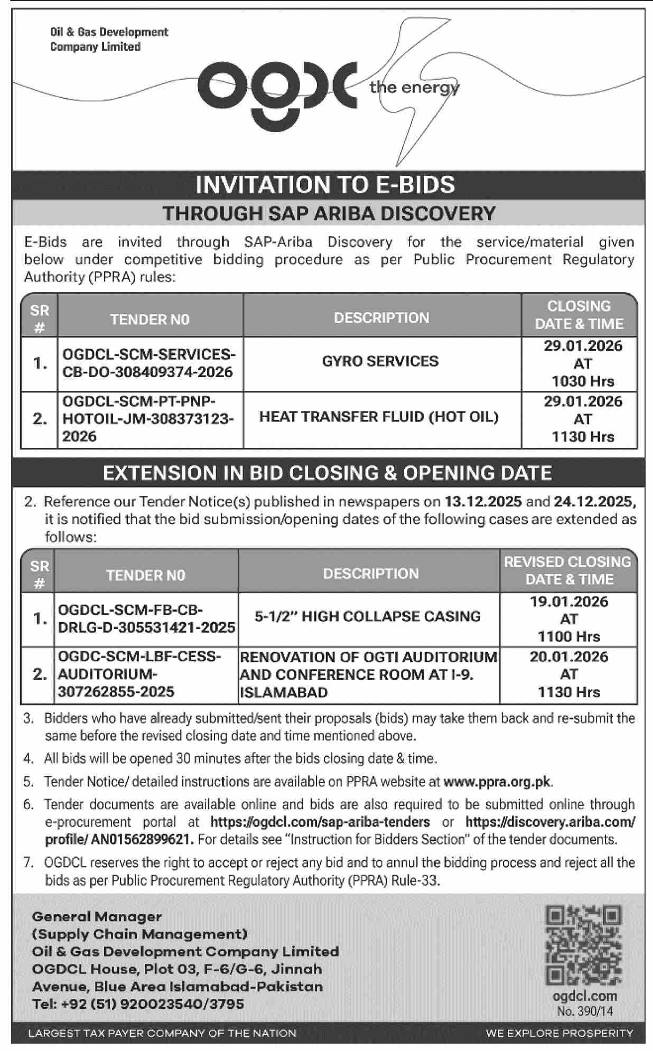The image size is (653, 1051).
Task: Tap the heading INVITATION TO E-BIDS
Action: point(325,185)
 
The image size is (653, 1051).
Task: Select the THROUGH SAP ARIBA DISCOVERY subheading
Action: point(329,213)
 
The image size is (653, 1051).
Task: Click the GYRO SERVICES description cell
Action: point(380,361)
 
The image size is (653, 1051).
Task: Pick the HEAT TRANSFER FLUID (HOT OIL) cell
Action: point(379,417)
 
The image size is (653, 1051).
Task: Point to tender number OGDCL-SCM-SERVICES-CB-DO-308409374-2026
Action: point(148,363)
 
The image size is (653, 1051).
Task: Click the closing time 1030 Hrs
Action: point(583,381)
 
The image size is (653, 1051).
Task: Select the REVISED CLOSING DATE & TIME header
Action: point(568,570)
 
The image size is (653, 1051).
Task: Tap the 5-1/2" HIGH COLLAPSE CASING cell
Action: point(368,616)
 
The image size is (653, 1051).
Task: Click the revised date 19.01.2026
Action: point(569,602)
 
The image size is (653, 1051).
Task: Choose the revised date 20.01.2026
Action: point(569,656)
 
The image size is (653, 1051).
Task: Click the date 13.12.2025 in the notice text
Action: point(483,501)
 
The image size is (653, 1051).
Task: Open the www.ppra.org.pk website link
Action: point(497,781)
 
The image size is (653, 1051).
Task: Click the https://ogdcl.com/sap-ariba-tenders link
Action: point(320,822)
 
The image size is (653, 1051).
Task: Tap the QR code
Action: point(583,945)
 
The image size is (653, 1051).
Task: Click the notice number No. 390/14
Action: point(585,1011)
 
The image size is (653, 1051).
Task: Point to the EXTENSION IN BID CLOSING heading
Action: point(328,473)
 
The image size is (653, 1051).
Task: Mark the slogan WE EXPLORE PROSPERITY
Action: point(559,1033)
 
